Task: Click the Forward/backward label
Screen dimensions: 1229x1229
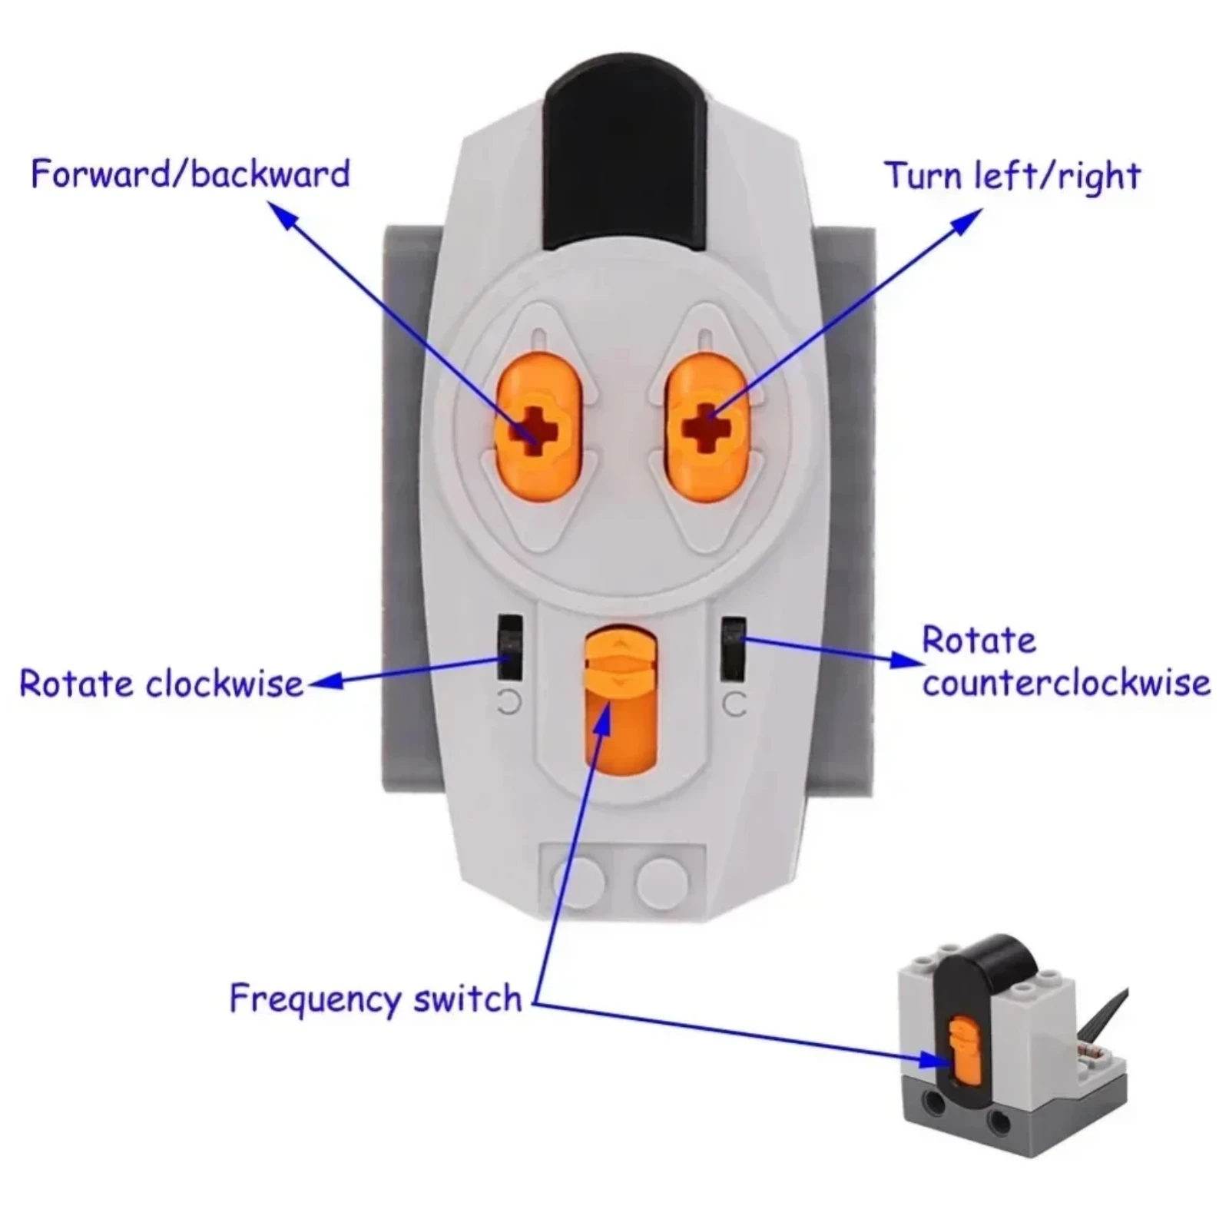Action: click(x=190, y=174)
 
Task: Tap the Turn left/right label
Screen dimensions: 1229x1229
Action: click(x=1012, y=176)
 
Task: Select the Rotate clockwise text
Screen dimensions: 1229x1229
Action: click(x=161, y=683)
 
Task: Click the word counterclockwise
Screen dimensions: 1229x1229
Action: click(x=1066, y=683)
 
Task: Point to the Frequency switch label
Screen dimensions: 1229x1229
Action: click(x=376, y=999)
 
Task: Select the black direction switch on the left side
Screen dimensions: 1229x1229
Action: click(x=508, y=646)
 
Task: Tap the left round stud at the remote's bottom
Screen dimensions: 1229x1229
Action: click(x=578, y=879)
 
